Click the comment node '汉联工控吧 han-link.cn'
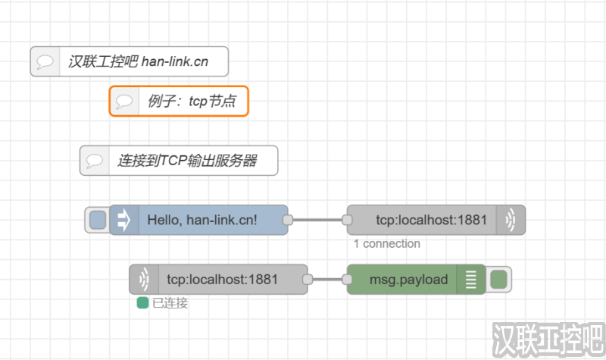137,61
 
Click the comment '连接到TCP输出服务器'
186,161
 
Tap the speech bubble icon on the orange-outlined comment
124,101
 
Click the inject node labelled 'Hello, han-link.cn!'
202,220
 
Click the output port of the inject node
288,220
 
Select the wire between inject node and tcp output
317,220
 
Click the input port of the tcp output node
347,220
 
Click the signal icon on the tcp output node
511,220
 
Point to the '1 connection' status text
386,244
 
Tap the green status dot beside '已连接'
142,303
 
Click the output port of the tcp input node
308,280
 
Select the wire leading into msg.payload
327,280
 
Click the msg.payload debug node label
408,280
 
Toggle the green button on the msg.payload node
498,280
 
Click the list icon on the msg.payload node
472,280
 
